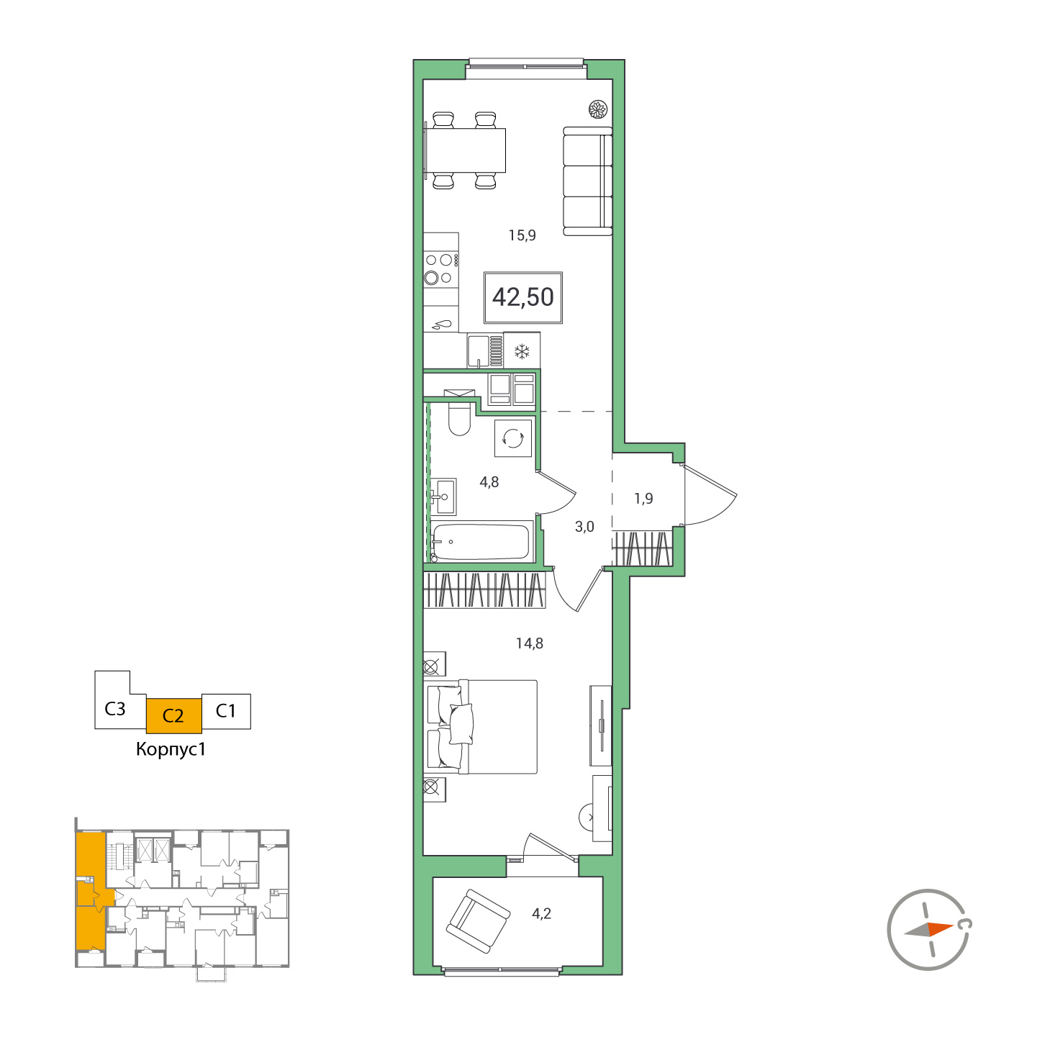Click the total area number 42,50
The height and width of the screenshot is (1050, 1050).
pyautogui.click(x=523, y=297)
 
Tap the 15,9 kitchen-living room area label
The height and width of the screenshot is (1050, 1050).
pyautogui.click(x=522, y=235)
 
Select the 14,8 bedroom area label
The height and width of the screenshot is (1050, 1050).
pyautogui.click(x=529, y=643)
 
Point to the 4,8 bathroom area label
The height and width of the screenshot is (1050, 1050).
pyautogui.click(x=489, y=482)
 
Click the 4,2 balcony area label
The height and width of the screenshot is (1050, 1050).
pyautogui.click(x=541, y=914)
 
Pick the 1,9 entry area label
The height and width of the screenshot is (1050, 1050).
pyautogui.click(x=643, y=499)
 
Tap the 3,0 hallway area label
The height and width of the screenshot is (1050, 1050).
pyautogui.click(x=584, y=527)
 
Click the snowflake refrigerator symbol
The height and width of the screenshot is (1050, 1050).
pyautogui.click(x=522, y=351)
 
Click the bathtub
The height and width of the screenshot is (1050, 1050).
pyautogui.click(x=481, y=541)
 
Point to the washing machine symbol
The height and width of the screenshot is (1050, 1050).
pyautogui.click(x=513, y=438)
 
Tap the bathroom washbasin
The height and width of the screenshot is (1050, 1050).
pyautogui.click(x=444, y=497)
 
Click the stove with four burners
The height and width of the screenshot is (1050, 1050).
pyautogui.click(x=440, y=268)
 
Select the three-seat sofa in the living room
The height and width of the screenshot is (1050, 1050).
pyautogui.click(x=587, y=181)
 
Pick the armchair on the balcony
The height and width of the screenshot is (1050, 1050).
pyautogui.click(x=476, y=921)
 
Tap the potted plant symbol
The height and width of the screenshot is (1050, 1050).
pyautogui.click(x=598, y=109)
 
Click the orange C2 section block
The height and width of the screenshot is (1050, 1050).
pyautogui.click(x=173, y=715)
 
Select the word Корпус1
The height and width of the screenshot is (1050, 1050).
pyautogui.click(x=171, y=749)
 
